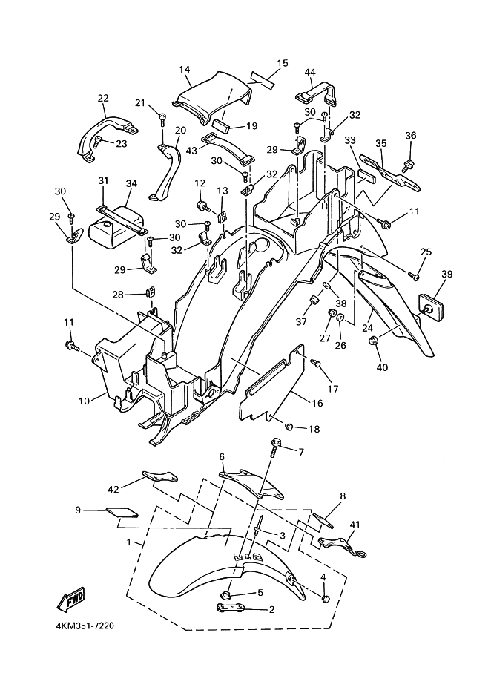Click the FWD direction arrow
[70, 600]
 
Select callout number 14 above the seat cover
[185, 69]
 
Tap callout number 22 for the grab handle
[103, 98]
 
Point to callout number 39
[446, 274]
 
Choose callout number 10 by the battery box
[84, 401]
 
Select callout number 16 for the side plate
[317, 403]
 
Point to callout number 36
[411, 135]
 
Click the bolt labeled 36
[406, 166]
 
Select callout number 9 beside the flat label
[78, 510]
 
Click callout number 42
[113, 489]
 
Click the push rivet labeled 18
[289, 427]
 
